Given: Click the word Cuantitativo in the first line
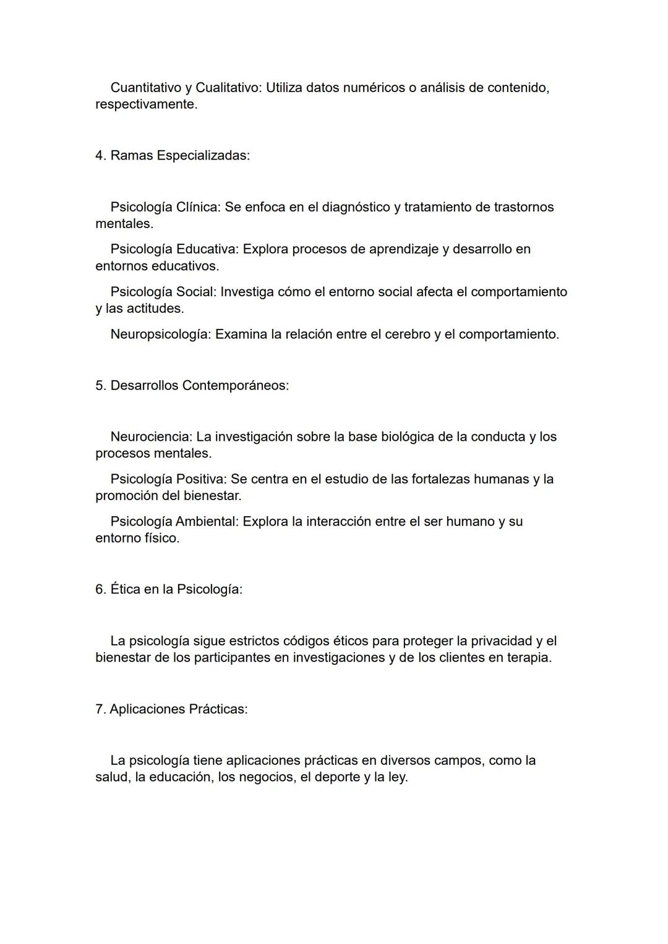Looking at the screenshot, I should pyautogui.click(x=146, y=88).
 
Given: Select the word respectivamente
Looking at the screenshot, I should pyautogui.click(x=146, y=104).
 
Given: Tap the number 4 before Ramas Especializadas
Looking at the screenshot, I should pyautogui.click(x=99, y=155).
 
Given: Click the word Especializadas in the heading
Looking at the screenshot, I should pyautogui.click(x=203, y=155).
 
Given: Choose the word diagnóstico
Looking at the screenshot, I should pyautogui.click(x=356, y=207).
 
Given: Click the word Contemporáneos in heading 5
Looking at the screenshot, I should pyautogui.click(x=235, y=386).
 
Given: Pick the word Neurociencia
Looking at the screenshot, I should pyautogui.click(x=151, y=437).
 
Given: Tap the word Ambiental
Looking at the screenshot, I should pyautogui.click(x=207, y=522).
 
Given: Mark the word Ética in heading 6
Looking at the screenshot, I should pyautogui.click(x=126, y=589).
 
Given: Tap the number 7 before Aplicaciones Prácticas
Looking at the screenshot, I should pyautogui.click(x=99, y=709).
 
